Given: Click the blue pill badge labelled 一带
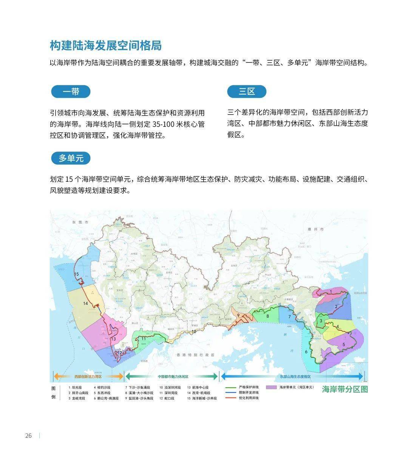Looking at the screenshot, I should [x=71, y=92].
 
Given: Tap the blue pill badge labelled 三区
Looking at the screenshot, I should [x=247, y=92].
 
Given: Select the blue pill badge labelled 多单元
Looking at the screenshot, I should [x=71, y=158].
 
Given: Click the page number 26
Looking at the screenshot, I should [x=29, y=436].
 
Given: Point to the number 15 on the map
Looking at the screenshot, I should [x=76, y=274].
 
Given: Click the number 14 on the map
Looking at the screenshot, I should [x=86, y=303].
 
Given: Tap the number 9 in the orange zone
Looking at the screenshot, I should [x=238, y=315].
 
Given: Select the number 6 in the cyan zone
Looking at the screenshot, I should [x=306, y=352].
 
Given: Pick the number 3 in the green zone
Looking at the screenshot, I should [x=321, y=321].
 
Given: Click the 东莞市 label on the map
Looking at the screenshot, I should [x=80, y=223].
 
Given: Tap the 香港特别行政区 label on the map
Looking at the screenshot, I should [x=195, y=355].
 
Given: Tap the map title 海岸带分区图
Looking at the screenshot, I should [x=345, y=389].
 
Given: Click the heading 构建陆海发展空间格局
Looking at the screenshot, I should [x=106, y=45].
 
